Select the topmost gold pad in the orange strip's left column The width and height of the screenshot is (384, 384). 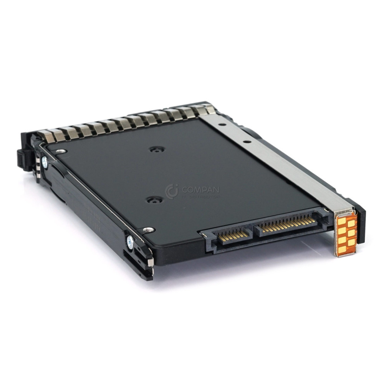click(341, 221)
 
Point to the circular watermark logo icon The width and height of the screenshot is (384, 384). click(172, 191)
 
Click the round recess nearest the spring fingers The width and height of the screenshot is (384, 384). click(157, 149)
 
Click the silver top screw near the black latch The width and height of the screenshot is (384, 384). click(60, 152)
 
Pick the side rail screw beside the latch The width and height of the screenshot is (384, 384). click(45, 162)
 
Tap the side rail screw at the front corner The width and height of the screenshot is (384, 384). click(131, 242)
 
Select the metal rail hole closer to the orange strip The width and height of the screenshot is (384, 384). click(247, 141)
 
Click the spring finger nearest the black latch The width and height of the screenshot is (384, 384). click(45, 136)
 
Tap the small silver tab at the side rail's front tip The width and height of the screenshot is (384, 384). click(151, 262)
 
